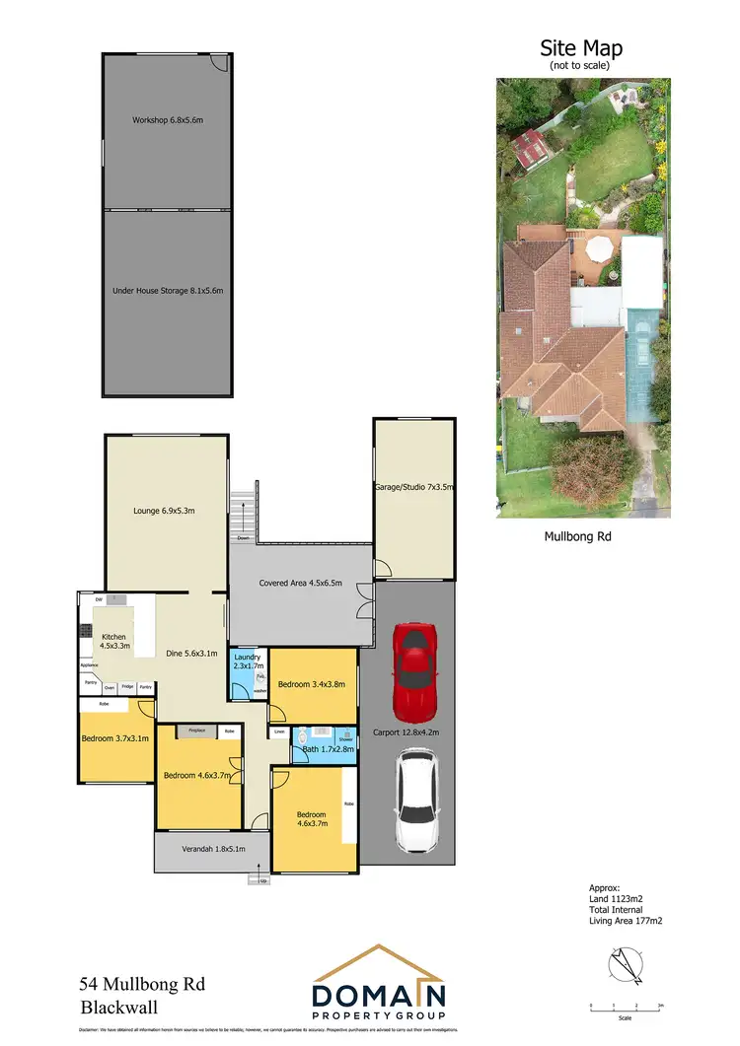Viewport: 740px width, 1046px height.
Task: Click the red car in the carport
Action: click(415, 672)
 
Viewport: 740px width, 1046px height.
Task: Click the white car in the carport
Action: click(415, 802)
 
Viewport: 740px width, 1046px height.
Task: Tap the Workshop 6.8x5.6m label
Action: click(167, 120)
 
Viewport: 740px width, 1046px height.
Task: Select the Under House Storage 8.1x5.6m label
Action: click(167, 291)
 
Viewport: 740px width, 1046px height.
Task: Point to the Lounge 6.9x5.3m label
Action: click(165, 511)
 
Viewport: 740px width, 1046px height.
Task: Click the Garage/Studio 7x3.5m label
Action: click(413, 487)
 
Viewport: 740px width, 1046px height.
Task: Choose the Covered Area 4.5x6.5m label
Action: click(300, 583)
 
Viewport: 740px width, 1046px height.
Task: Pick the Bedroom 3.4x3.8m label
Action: click(313, 684)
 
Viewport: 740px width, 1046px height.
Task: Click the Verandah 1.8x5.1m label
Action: click(213, 849)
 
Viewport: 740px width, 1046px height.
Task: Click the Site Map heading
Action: click(580, 47)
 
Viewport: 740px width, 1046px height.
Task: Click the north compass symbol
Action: click(625, 964)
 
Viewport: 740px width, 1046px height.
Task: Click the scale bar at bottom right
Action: click(625, 1009)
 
